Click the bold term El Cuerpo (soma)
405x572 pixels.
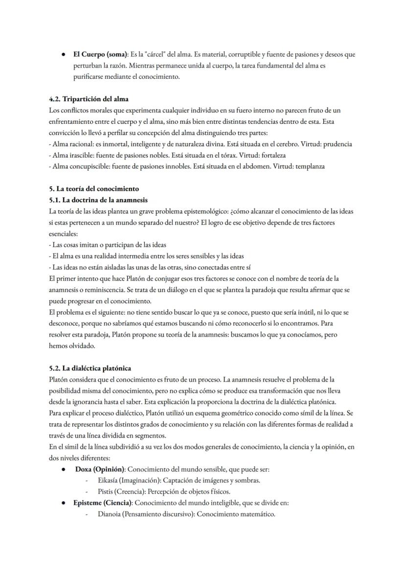coord(101,54)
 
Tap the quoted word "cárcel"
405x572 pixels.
coord(152,54)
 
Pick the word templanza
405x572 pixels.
coord(308,166)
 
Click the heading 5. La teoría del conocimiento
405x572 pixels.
coord(94,189)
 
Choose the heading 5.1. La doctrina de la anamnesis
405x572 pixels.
coord(98,200)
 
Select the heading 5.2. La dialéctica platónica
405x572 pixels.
coord(90,368)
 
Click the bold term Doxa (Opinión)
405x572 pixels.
coord(100,469)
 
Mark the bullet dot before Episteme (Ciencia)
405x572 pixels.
coord(64,503)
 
